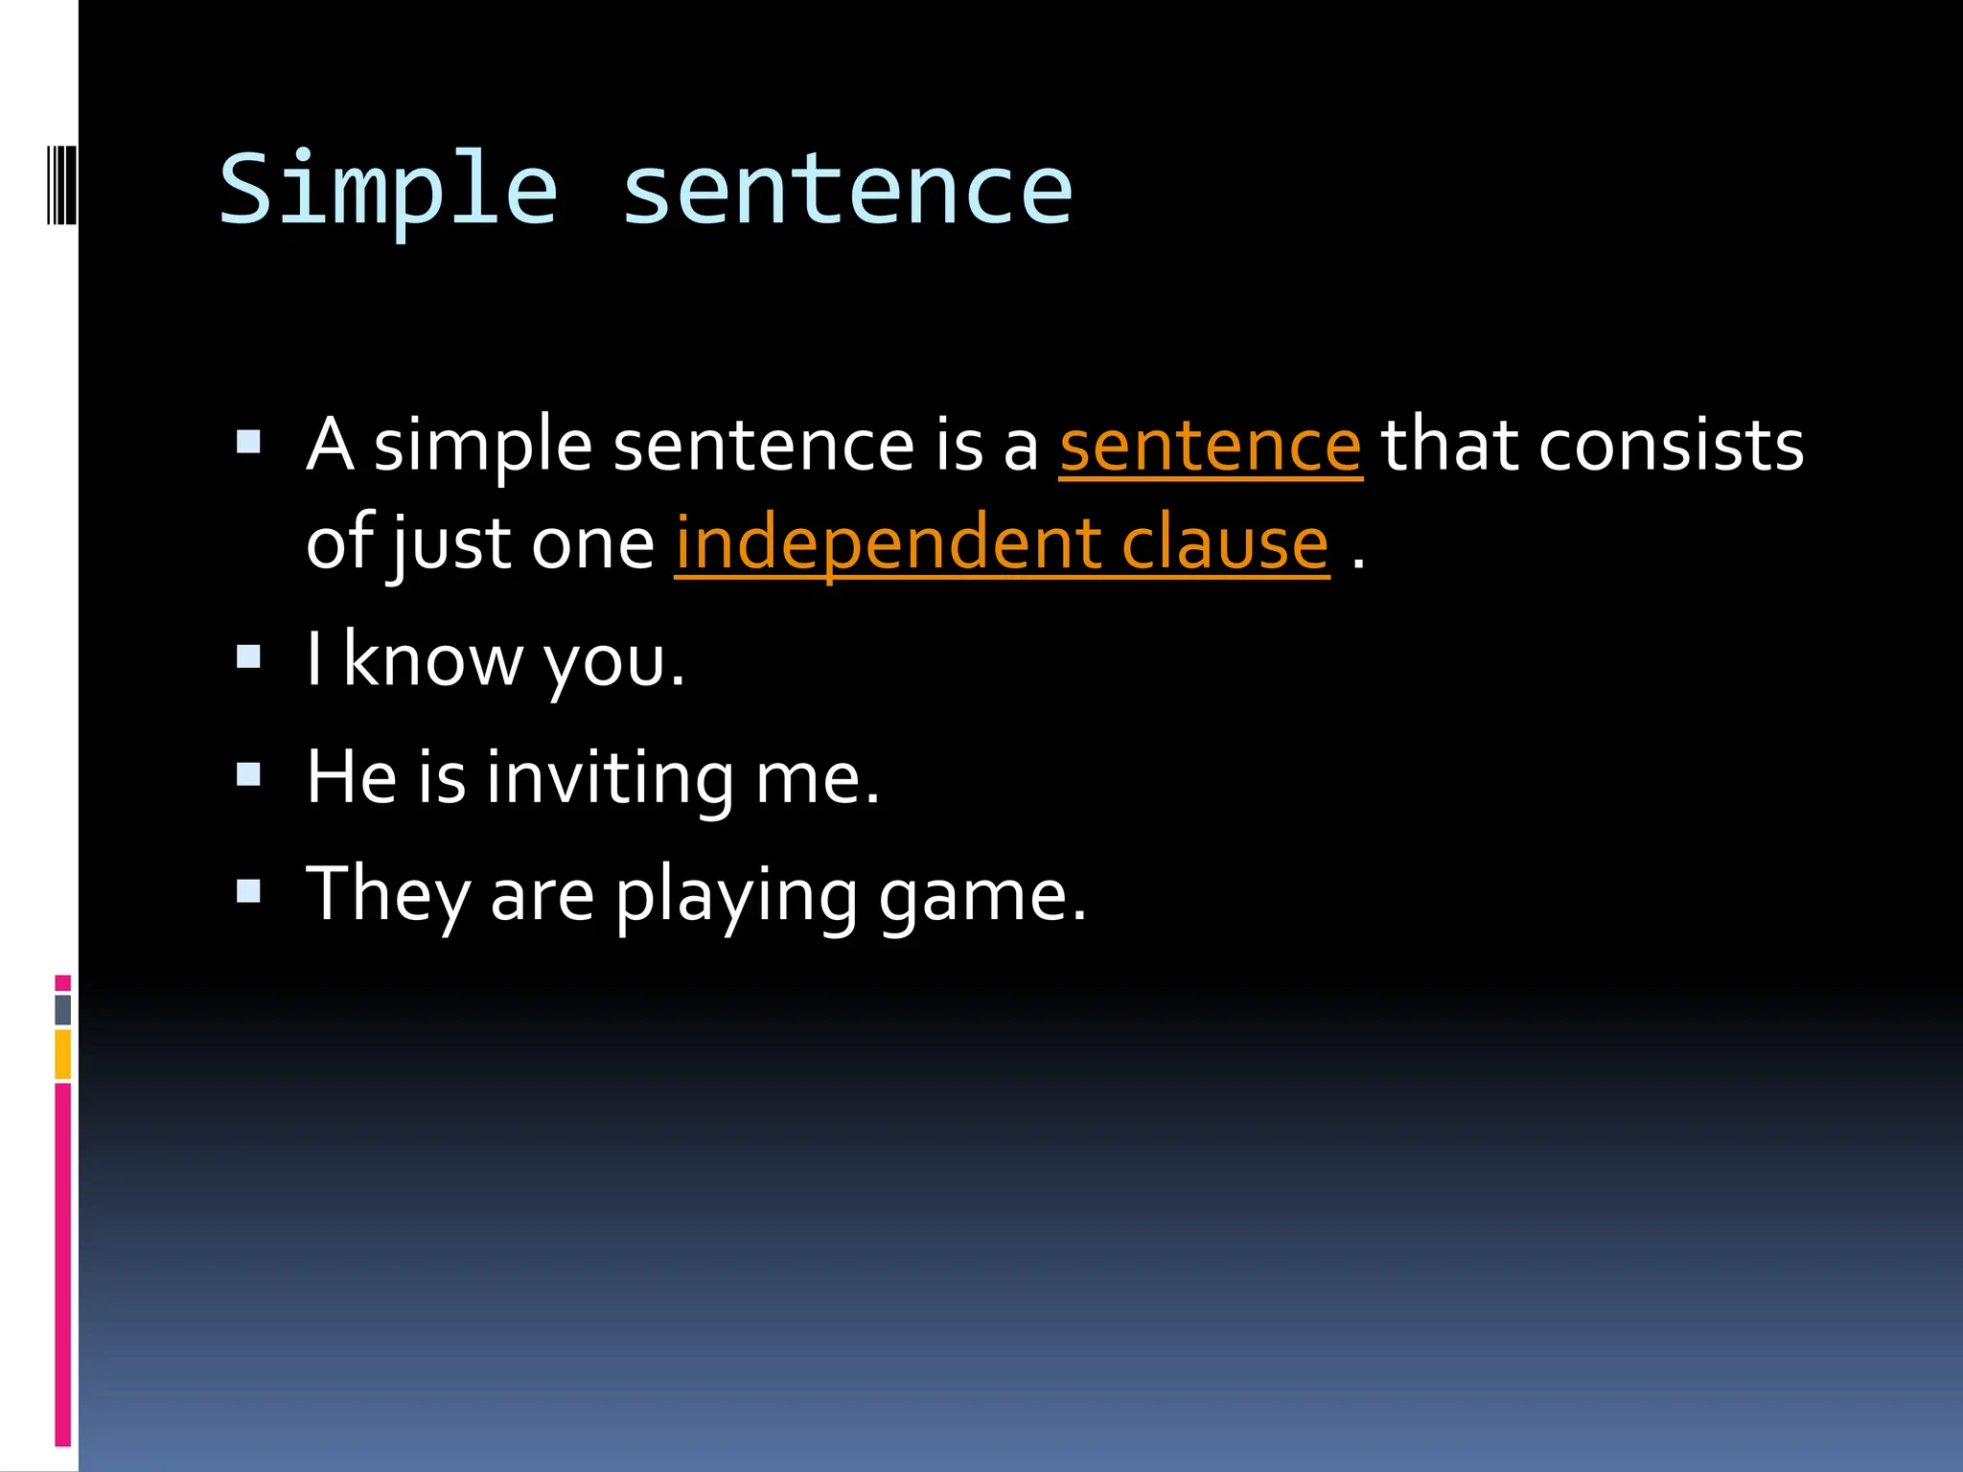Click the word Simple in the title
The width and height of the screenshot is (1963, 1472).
tap(388, 190)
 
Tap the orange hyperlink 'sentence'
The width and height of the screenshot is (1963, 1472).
tap(1210, 447)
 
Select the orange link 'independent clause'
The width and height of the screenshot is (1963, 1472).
tap(1002, 544)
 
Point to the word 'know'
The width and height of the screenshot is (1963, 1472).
tap(433, 660)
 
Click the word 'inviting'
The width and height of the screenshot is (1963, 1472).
tap(610, 777)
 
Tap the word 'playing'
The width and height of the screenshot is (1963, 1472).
tap(736, 895)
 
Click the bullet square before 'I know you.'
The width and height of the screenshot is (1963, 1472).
tap(248, 656)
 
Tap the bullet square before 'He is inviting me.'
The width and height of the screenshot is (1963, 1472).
tap(248, 773)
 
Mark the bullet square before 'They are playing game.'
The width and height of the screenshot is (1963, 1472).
tap(248, 891)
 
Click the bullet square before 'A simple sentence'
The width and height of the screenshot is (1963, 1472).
tap(248, 442)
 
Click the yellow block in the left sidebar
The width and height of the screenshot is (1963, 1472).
tap(63, 1053)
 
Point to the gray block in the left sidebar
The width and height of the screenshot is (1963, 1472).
tap(63, 1009)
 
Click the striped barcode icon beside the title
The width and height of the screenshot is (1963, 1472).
tap(61, 184)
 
